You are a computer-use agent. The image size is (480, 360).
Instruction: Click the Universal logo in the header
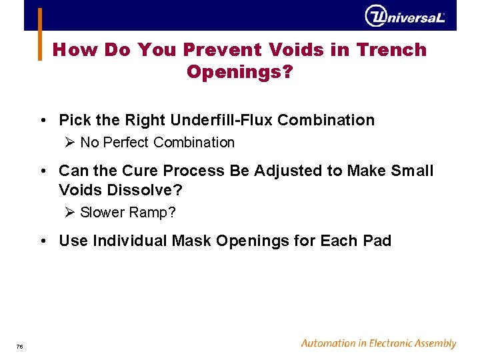(x=405, y=17)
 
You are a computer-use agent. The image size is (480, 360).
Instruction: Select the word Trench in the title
(x=391, y=50)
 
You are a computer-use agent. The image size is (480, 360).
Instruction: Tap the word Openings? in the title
(x=239, y=71)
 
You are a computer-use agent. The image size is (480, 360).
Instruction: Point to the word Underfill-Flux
(x=221, y=121)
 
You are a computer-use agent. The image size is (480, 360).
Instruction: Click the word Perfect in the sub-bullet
(x=125, y=143)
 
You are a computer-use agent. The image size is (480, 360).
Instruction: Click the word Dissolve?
(x=121, y=190)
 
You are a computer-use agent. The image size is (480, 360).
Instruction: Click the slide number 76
(x=20, y=346)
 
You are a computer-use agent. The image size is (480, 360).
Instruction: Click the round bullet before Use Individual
(x=43, y=241)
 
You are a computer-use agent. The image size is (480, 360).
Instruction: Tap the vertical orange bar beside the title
(x=39, y=35)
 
